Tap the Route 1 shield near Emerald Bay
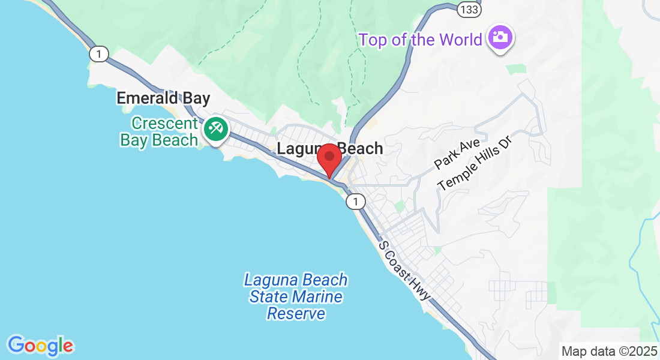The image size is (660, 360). (99, 54)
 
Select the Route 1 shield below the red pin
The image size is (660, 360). (355, 202)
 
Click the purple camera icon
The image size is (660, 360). (500, 38)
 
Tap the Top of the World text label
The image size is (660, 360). (420, 40)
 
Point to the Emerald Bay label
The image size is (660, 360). (163, 98)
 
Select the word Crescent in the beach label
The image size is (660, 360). (164, 124)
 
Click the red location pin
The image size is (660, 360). (329, 159)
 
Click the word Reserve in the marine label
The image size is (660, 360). (296, 313)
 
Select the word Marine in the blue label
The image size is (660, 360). (317, 296)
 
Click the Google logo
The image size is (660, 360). (40, 346)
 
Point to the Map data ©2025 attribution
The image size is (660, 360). (608, 351)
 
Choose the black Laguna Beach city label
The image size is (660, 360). (329, 148)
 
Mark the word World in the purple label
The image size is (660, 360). (460, 40)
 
